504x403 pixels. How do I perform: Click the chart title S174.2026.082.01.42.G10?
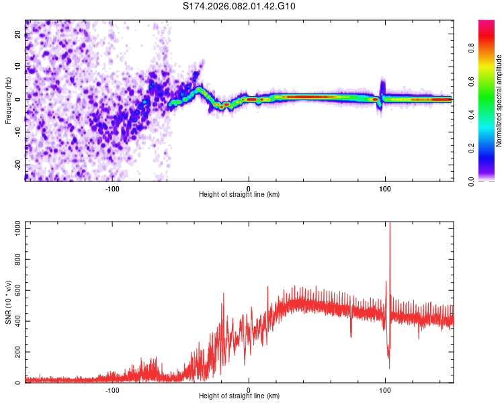[x=239, y=7]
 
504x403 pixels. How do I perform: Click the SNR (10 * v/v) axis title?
[x=8, y=302]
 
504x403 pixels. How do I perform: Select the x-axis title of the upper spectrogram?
[x=239, y=194]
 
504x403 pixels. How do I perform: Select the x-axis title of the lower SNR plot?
[x=239, y=396]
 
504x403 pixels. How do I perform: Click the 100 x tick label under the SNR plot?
[x=385, y=388]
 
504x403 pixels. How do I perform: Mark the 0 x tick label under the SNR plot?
[x=249, y=388]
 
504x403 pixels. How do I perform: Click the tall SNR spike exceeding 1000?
[x=390, y=232]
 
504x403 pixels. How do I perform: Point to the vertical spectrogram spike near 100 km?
[x=382, y=87]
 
